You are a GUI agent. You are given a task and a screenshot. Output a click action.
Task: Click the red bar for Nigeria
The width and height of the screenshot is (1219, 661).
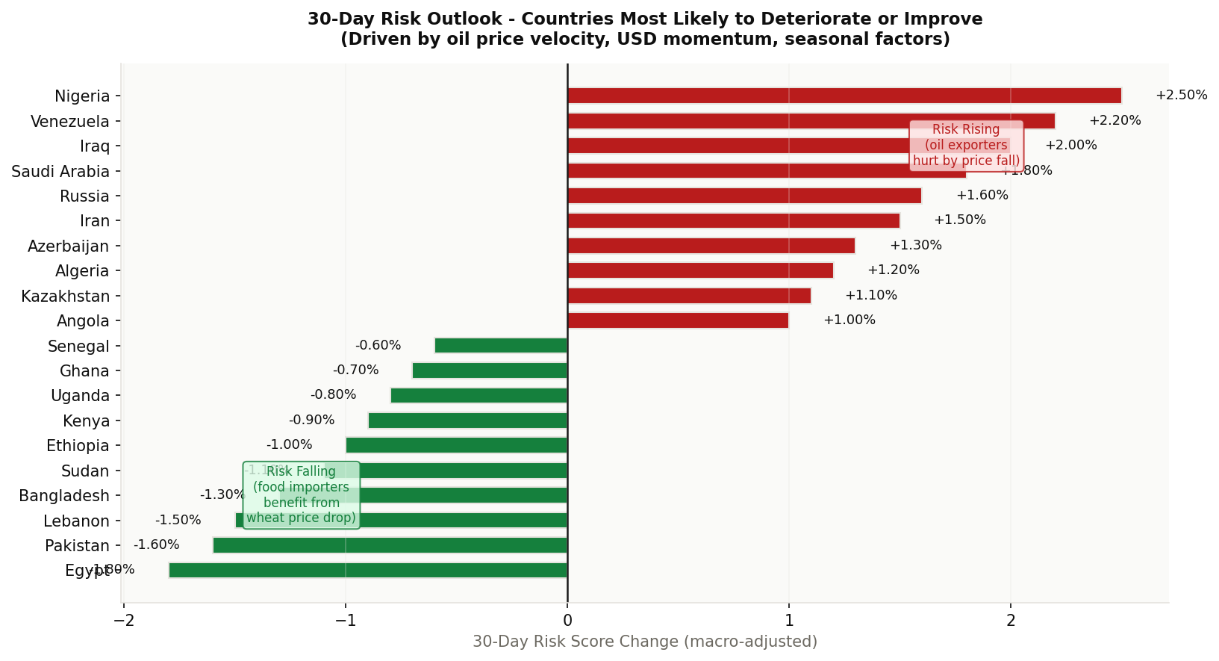(844, 96)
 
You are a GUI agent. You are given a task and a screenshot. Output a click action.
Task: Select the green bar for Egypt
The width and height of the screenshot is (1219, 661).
(367, 571)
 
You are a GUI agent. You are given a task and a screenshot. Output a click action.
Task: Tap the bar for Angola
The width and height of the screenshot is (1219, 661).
(678, 320)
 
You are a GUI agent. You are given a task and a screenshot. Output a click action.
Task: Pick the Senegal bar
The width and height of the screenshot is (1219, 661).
(501, 346)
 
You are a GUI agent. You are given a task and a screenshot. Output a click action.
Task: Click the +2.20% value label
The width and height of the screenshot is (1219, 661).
(1114, 121)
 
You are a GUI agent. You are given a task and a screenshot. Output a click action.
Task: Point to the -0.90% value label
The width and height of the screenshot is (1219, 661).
(311, 421)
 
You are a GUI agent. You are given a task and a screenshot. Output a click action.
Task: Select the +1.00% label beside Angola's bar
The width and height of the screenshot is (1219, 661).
(849, 320)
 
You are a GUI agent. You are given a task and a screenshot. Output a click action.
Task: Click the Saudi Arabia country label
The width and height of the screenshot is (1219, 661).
(60, 172)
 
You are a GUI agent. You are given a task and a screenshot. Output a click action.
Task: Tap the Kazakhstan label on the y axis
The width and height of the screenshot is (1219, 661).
(65, 297)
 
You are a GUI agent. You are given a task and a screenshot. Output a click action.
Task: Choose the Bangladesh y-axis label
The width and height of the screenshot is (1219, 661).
(64, 496)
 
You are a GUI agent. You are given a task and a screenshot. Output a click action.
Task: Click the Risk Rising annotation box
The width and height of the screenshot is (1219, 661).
(966, 146)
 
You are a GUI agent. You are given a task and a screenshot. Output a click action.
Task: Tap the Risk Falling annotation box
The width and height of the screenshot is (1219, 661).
(301, 494)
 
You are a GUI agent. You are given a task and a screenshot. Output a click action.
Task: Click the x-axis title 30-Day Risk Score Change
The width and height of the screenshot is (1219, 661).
(644, 642)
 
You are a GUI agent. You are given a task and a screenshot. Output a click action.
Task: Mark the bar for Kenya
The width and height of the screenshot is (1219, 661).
(467, 421)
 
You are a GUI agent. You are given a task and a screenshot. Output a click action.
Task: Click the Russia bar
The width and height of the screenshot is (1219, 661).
(743, 196)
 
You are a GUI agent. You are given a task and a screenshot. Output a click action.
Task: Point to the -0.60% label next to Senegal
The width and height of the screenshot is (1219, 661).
(378, 346)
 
